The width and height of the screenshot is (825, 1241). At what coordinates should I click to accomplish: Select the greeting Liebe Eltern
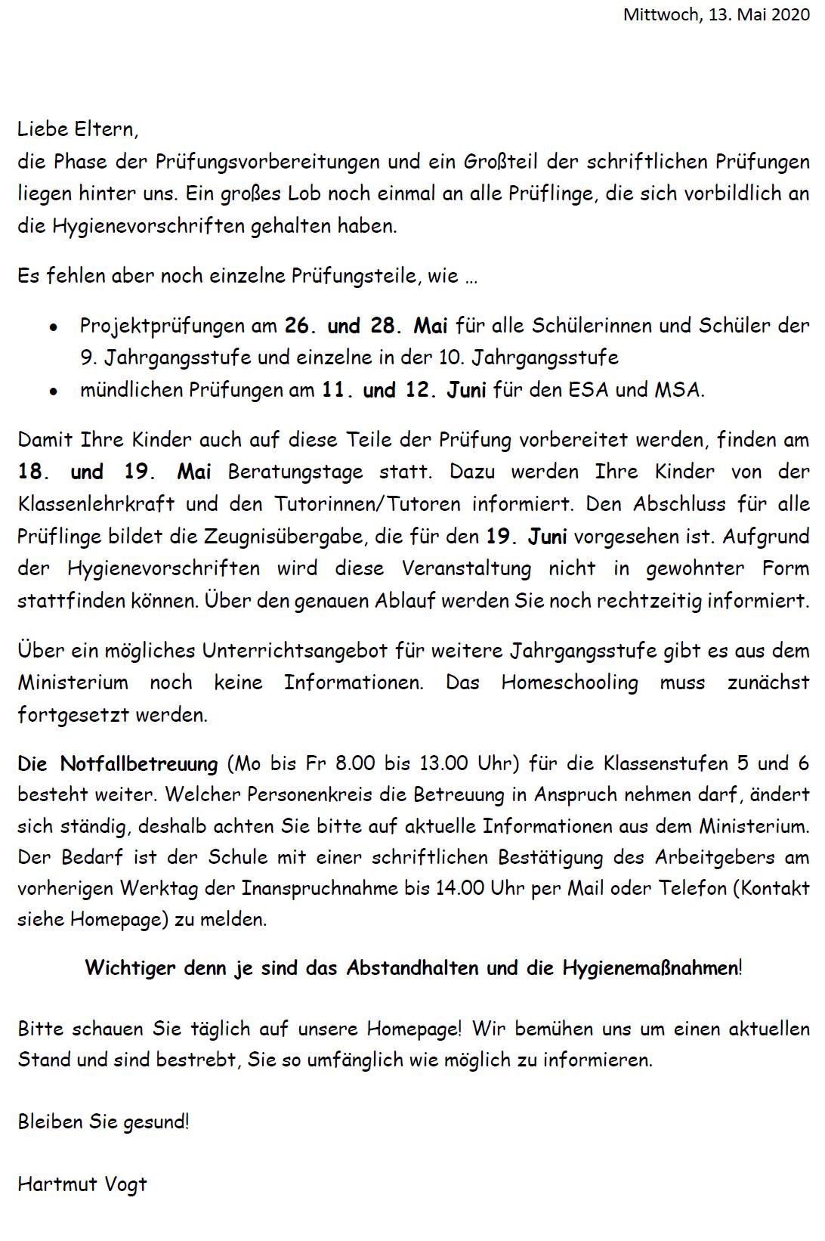click(x=78, y=129)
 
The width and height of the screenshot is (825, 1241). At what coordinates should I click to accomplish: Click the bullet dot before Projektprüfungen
click(x=53, y=328)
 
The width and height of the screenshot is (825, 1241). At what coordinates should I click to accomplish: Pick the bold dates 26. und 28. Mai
click(x=366, y=326)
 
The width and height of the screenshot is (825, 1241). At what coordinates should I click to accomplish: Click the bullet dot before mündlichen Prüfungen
click(x=53, y=392)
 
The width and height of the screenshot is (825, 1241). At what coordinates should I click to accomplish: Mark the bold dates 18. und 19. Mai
click(x=115, y=472)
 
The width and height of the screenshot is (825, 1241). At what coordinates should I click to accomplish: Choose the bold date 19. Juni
click(x=527, y=537)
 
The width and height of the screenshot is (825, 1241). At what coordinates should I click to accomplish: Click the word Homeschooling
click(x=570, y=682)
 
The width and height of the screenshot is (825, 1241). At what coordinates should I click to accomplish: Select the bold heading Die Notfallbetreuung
click(x=118, y=763)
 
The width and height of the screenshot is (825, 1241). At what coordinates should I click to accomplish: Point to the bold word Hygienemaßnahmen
click(x=650, y=968)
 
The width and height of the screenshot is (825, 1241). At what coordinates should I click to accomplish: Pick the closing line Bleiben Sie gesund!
click(x=104, y=1122)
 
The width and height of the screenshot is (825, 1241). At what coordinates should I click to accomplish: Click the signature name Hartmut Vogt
click(x=82, y=1184)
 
